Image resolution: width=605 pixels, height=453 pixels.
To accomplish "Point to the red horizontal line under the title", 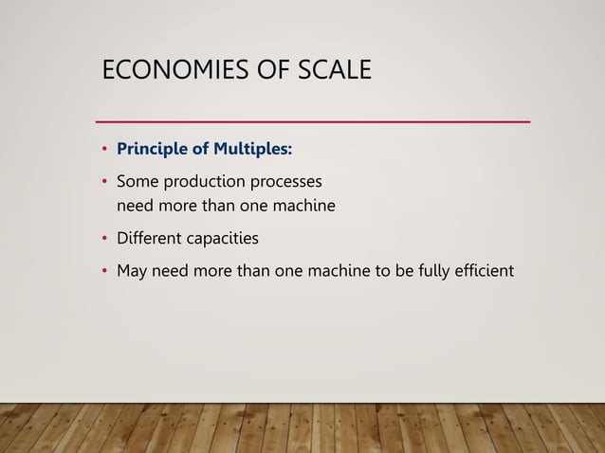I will [313, 122].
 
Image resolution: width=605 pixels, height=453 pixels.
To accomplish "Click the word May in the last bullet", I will [133, 271].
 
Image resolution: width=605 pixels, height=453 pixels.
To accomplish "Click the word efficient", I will [485, 271].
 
